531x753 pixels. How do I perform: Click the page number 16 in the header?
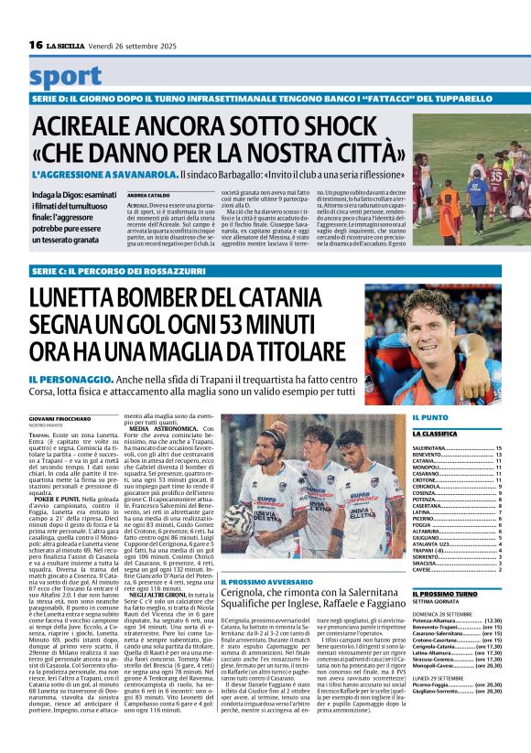tap(36, 45)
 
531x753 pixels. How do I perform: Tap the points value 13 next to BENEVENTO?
tap(499, 455)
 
